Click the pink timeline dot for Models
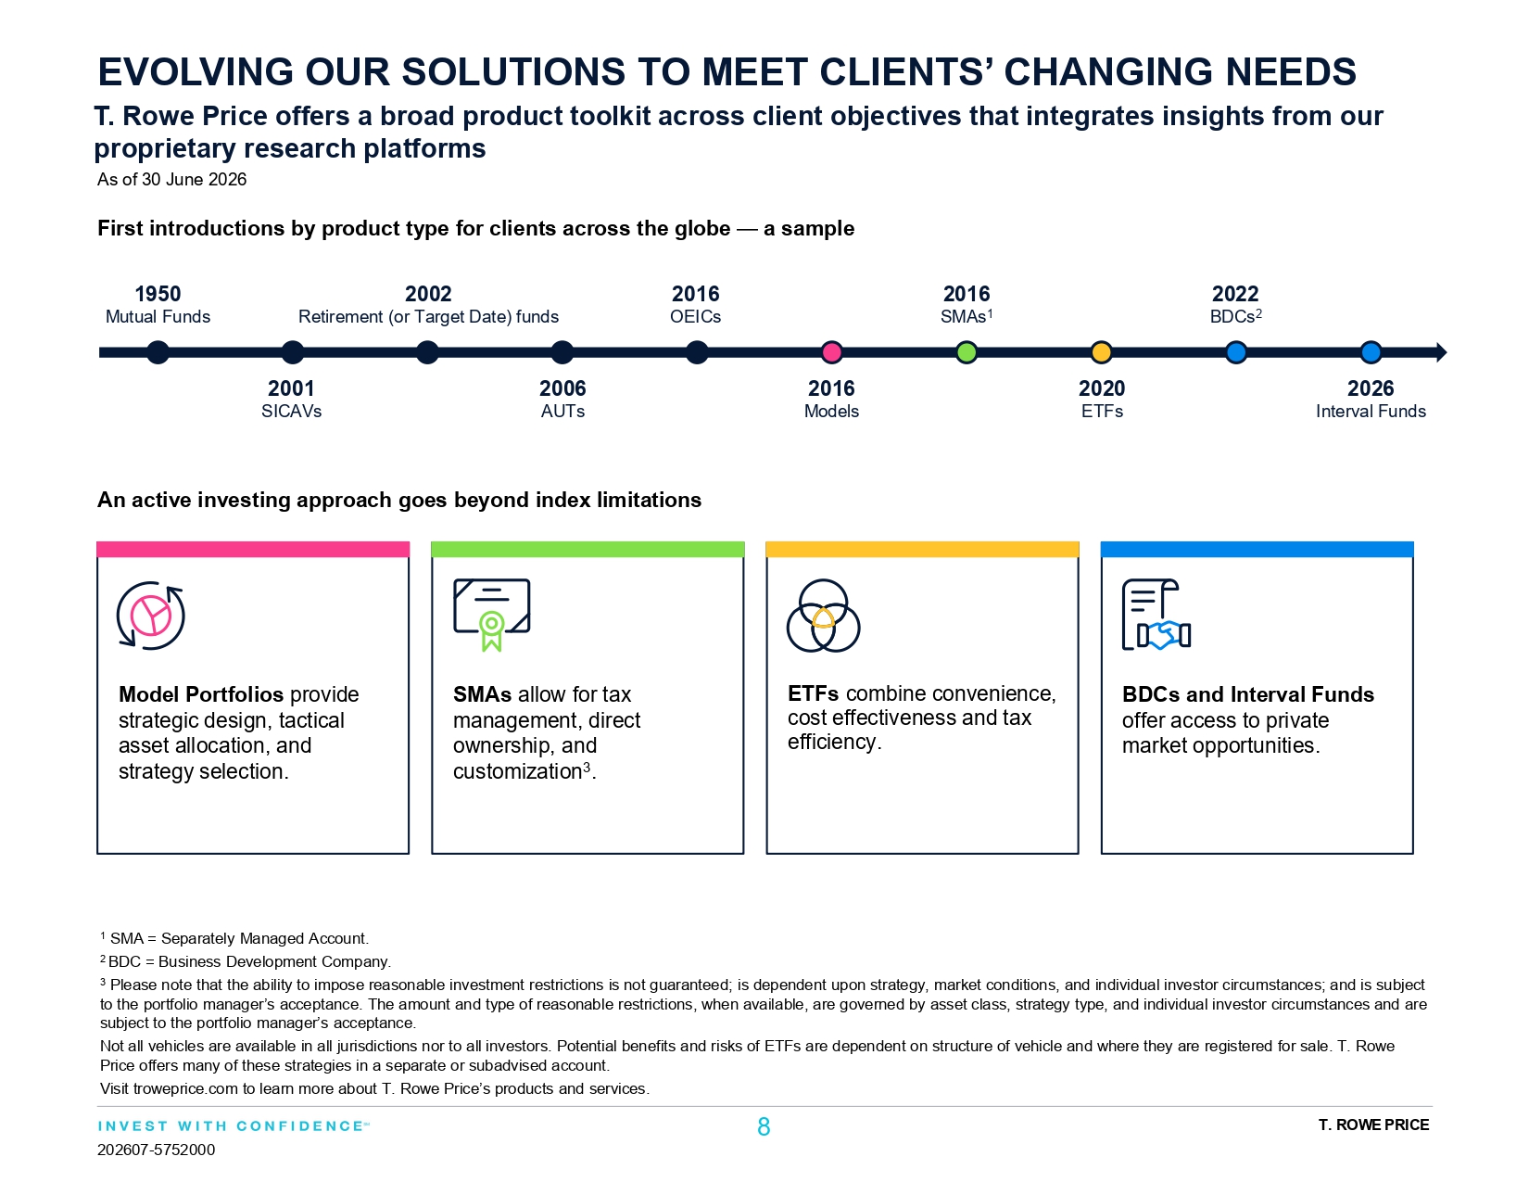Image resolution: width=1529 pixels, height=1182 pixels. [832, 352]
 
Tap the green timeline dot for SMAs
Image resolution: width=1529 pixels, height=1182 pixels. [967, 352]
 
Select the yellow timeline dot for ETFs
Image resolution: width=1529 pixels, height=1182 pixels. [1101, 352]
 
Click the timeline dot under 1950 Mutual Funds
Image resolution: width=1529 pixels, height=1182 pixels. [158, 352]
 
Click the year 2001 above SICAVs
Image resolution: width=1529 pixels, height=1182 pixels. [291, 388]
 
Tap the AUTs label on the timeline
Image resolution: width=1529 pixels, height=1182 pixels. [562, 411]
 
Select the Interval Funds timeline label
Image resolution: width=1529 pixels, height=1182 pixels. [1371, 411]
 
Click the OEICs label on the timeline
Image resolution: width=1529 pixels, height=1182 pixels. [695, 317]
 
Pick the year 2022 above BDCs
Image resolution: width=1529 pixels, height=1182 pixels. [1235, 294]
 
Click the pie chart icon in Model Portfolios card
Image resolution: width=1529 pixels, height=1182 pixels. [150, 616]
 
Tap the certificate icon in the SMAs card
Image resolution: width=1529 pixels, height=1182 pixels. [491, 615]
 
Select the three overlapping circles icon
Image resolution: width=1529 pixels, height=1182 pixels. [823, 616]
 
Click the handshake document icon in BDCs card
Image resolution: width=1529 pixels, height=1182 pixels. [1156, 614]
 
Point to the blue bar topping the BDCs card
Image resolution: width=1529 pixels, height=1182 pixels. [1257, 549]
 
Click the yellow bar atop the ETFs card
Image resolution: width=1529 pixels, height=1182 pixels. [922, 549]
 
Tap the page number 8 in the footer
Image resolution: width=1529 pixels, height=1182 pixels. [764, 1127]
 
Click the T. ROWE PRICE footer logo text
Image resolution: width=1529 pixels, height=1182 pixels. [1373, 1125]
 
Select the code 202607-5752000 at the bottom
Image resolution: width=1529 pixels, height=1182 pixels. [157, 1150]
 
